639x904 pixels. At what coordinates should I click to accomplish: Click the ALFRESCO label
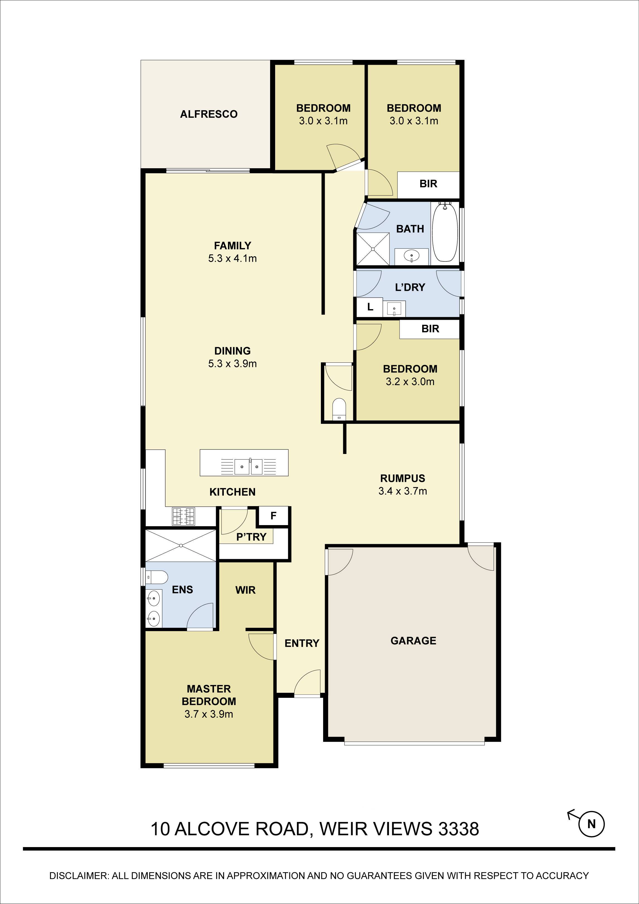click(209, 114)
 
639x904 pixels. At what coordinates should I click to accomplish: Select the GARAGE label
click(413, 641)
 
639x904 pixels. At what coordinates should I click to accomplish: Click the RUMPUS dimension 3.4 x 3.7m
click(402, 491)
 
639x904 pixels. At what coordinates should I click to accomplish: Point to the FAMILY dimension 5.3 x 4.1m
click(232, 258)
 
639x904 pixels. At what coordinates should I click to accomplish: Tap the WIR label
click(245, 590)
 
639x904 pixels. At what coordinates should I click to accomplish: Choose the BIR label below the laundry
click(430, 329)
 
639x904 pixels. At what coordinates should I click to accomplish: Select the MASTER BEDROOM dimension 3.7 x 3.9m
click(209, 714)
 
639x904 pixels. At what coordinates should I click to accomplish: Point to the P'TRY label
click(251, 537)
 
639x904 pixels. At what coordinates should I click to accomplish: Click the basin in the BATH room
click(411, 256)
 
